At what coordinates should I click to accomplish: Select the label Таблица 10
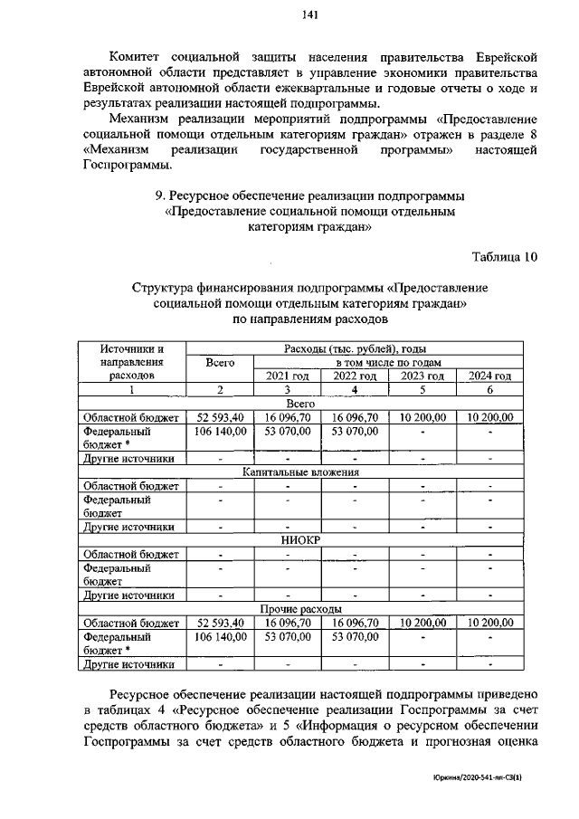tap(506, 256)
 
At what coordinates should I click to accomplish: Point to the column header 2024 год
tap(489, 376)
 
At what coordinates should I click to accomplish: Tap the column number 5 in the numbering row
tap(422, 389)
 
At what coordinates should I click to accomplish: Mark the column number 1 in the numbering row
tap(131, 389)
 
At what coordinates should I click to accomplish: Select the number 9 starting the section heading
tap(161, 196)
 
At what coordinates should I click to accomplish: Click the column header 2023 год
tap(422, 376)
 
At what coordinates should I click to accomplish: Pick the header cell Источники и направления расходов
tap(131, 361)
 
